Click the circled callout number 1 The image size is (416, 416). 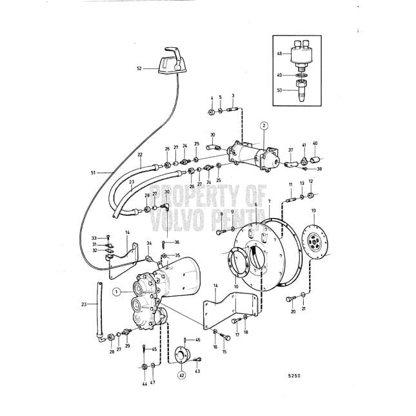coord(116,292)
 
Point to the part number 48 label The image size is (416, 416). coord(281,55)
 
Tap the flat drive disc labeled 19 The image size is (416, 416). coord(316,243)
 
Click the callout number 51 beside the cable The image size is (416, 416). coord(93,173)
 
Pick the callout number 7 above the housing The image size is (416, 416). coord(269,202)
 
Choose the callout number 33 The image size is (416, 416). coord(94,238)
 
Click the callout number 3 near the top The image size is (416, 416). coord(233,97)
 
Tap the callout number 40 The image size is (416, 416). coord(315,143)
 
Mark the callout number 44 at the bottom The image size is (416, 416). coord(143,384)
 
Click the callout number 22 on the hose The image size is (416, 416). coord(140,155)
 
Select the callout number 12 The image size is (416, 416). coord(311,182)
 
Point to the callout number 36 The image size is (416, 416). coord(177,242)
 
